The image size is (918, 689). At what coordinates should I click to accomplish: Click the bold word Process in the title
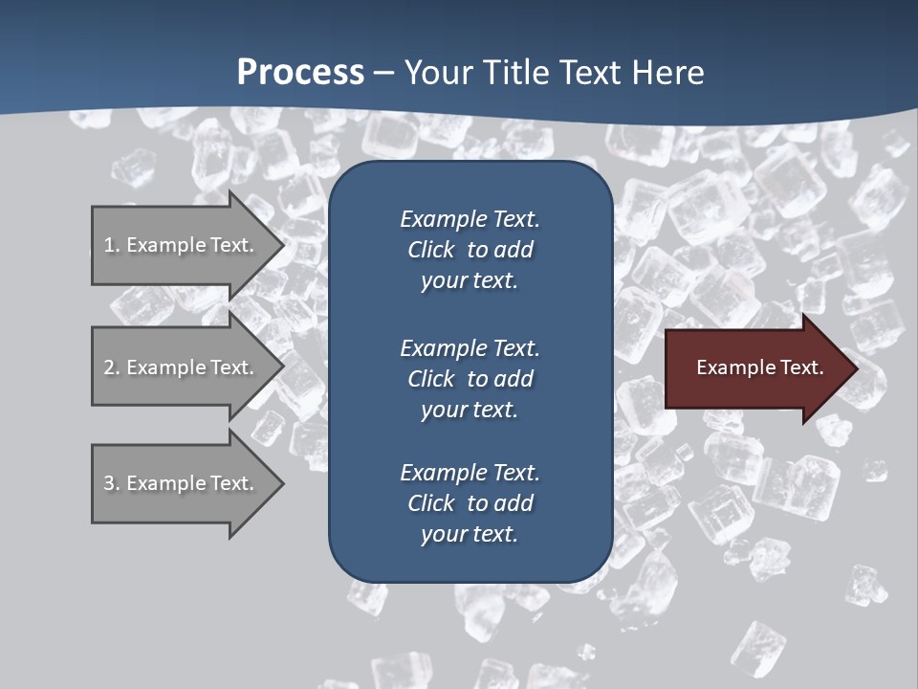(x=300, y=73)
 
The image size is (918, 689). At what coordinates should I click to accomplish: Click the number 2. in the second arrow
(x=111, y=367)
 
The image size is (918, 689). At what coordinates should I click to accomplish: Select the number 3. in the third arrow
(x=111, y=483)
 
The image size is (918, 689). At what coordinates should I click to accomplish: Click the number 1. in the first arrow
(x=111, y=245)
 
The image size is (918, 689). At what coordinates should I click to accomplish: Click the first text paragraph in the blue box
(x=470, y=250)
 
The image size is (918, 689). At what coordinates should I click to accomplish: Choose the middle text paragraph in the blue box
(x=470, y=379)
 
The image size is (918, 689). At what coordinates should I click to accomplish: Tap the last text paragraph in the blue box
(x=470, y=503)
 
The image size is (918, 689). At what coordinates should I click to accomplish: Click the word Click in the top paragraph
(x=431, y=250)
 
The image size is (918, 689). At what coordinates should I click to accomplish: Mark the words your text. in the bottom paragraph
(x=470, y=534)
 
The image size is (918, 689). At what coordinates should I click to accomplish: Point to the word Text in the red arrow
(x=800, y=367)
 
